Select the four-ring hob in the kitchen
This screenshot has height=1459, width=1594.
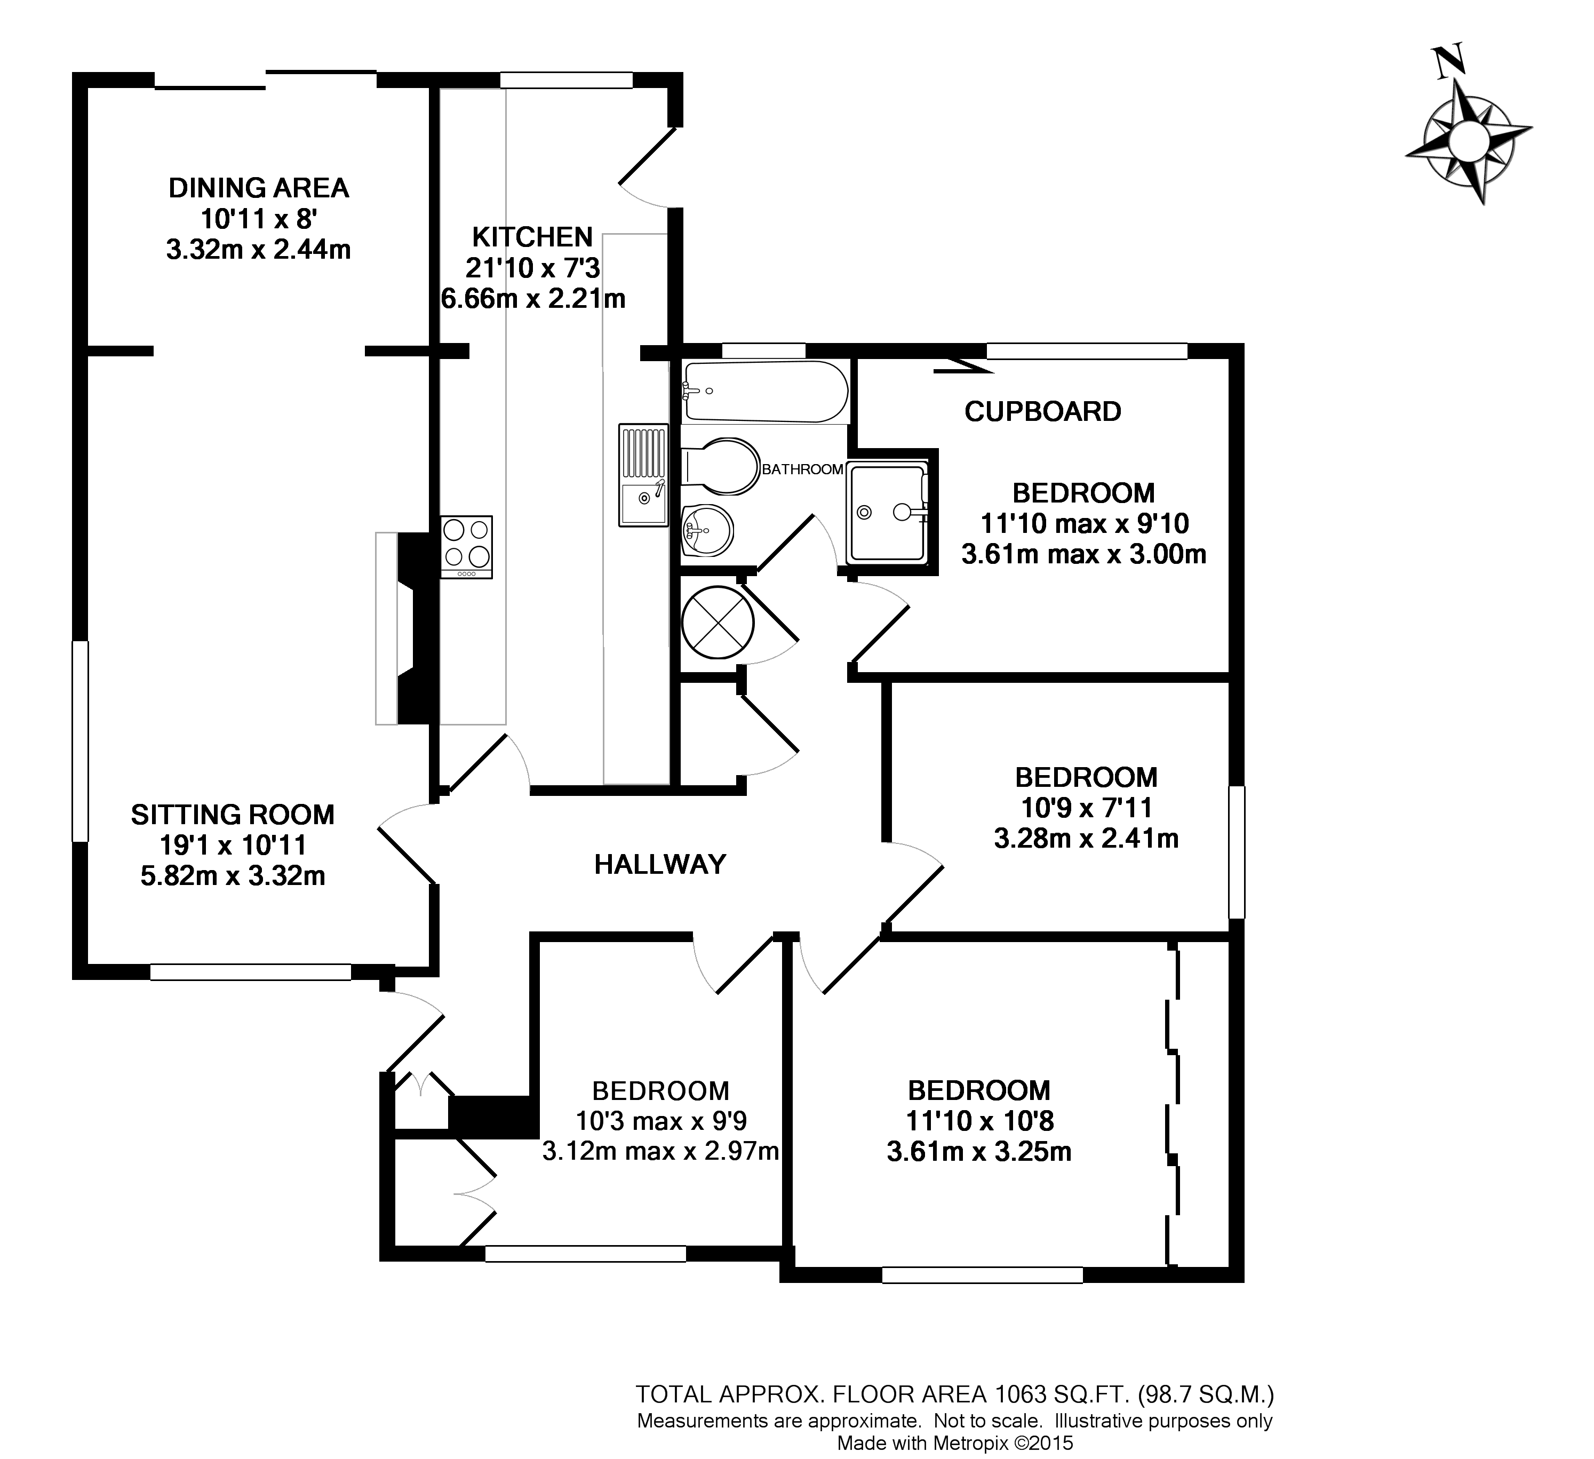[x=466, y=546]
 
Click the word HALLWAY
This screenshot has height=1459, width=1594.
[x=659, y=864]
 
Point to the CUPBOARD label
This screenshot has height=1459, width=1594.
[x=1042, y=411]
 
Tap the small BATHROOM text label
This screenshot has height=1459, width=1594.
[x=802, y=469]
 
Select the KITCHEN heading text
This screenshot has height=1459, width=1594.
[x=532, y=236]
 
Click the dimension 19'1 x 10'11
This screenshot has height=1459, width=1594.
[x=233, y=846]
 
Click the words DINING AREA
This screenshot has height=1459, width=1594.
[x=259, y=188]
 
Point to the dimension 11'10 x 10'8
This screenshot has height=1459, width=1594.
[x=979, y=1121]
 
